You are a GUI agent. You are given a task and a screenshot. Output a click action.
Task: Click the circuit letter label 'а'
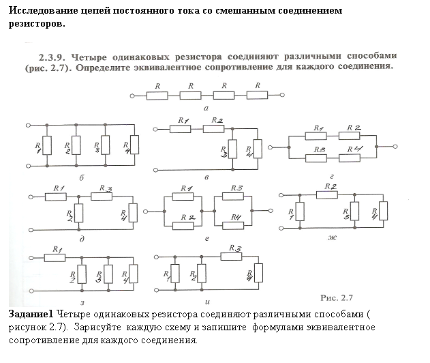pos(206,108)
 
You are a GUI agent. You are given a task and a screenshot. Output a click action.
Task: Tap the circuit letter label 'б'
pos(82,177)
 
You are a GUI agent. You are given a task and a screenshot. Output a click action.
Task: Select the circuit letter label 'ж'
pos(332,237)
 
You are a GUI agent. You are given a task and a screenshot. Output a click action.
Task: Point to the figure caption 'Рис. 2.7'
pos(337,297)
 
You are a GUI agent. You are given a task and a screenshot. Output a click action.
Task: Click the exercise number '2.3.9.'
pos(52,57)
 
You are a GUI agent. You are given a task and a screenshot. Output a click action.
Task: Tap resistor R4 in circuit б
pos(134,145)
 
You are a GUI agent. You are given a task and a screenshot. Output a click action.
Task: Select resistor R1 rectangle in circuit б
pos(47,145)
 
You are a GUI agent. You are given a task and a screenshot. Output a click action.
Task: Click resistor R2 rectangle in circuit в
pos(213,129)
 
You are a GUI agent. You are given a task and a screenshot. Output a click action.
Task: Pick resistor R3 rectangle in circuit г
pos(316,158)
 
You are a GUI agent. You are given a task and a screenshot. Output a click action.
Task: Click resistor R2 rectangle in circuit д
pos(78,213)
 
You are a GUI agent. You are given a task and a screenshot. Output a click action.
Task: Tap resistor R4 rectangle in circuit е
pos(233,226)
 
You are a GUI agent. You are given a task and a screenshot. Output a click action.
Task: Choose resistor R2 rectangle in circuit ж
pos(327,195)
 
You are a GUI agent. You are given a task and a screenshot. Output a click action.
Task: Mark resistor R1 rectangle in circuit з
pos(55,258)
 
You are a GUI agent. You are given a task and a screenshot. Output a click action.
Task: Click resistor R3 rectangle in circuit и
pos(231,257)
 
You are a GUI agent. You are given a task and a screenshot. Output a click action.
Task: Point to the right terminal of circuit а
pos(282,95)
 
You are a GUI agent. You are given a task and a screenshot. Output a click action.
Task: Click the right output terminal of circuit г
pos(395,147)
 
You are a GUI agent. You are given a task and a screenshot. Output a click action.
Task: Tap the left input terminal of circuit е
pos(146,211)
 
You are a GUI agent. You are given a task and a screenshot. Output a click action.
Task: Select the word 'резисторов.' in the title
pos(37,24)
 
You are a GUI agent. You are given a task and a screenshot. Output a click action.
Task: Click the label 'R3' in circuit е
pos(236,188)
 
